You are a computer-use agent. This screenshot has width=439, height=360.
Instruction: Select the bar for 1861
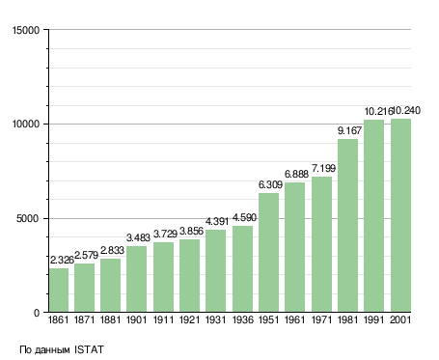(x=59, y=290)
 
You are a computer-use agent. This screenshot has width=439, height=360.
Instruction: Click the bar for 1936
(x=242, y=268)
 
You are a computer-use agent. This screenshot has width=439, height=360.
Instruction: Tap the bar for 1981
(x=347, y=225)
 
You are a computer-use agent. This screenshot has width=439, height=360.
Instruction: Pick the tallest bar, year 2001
(x=400, y=215)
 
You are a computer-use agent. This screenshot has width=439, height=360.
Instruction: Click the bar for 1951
(x=268, y=252)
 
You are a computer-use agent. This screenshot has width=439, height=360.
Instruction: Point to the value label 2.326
(x=62, y=260)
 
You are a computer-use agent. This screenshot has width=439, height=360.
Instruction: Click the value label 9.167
(x=349, y=130)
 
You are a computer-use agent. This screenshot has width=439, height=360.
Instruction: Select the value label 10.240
(x=406, y=110)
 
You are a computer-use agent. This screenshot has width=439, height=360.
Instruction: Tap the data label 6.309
(x=270, y=184)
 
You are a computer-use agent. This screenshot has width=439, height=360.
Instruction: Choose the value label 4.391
(x=217, y=221)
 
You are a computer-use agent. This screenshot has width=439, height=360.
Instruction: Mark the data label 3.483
(x=138, y=237)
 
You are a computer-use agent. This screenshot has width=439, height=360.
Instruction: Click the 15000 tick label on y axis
(x=26, y=30)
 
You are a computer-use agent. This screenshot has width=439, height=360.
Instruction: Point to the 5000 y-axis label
(x=28, y=219)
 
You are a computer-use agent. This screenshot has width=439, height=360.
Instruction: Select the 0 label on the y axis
(x=37, y=313)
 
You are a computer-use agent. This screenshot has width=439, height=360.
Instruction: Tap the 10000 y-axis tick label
(x=26, y=125)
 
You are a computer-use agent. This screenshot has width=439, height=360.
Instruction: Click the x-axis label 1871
(x=84, y=319)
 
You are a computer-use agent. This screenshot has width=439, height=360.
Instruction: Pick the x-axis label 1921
(x=189, y=319)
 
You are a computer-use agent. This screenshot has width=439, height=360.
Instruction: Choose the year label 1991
(x=374, y=319)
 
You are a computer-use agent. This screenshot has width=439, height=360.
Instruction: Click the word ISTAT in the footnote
(x=89, y=349)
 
